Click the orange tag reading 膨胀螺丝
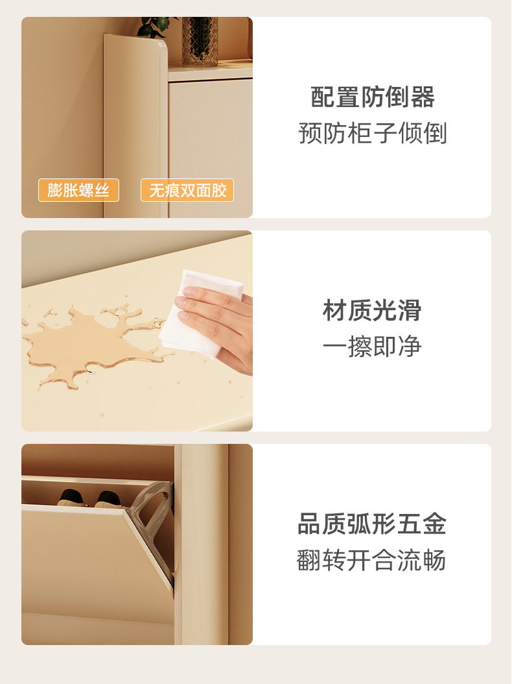click(78, 190)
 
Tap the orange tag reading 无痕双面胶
click(187, 190)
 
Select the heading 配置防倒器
click(373, 97)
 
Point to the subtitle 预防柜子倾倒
click(373, 133)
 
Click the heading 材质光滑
click(372, 311)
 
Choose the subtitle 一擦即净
click(372, 347)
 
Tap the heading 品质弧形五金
click(372, 524)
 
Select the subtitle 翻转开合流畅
click(371, 560)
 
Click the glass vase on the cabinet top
click(200, 41)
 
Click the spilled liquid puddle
click(91, 343)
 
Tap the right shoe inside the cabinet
click(109, 500)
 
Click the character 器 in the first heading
click(423, 97)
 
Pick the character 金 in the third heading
click(434, 524)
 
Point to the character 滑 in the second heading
click(410, 311)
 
